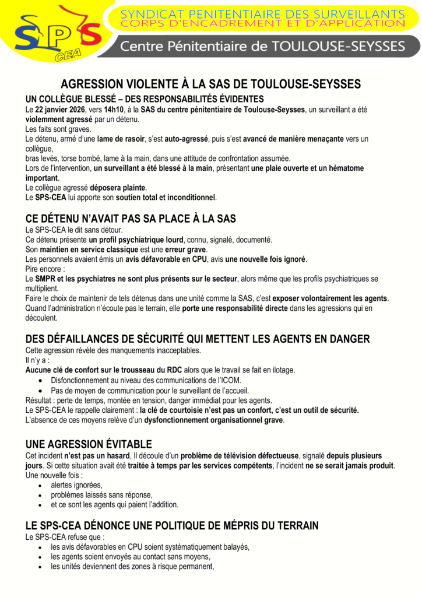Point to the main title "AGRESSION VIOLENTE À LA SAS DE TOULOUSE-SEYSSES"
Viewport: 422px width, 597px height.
point(210,85)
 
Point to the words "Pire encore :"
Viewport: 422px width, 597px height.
point(45,269)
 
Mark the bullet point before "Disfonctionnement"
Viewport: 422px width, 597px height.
point(39,380)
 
